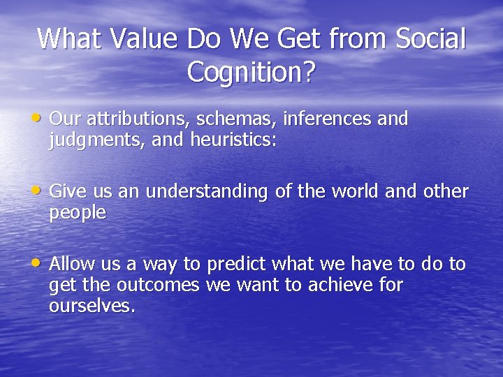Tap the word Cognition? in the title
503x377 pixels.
(x=251, y=71)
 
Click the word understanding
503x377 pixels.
(x=207, y=192)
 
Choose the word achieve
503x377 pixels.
(x=339, y=286)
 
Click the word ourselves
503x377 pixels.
(x=92, y=306)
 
